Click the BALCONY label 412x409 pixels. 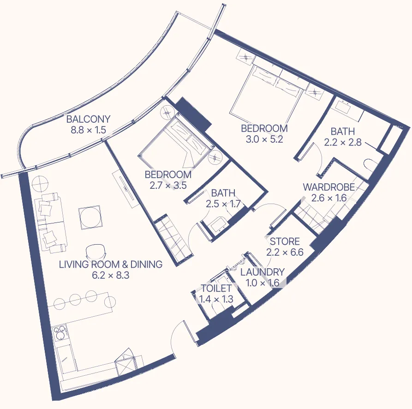pyautogui.click(x=88, y=119)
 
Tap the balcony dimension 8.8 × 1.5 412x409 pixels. pyautogui.click(x=88, y=130)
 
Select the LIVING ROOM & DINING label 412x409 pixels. pyautogui.click(x=111, y=265)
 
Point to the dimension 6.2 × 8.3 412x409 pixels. pyautogui.click(x=111, y=276)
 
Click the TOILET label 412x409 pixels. pyautogui.click(x=216, y=288)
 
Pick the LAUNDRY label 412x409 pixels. pyautogui.click(x=263, y=272)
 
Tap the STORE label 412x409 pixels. pyautogui.click(x=285, y=241)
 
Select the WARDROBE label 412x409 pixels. pyautogui.click(x=328, y=187)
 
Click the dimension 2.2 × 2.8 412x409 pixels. pyautogui.click(x=342, y=143)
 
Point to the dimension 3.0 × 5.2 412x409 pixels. pyautogui.click(x=264, y=139)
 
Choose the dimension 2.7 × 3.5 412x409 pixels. pyautogui.click(x=168, y=186)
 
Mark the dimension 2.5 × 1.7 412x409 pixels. pyautogui.click(x=223, y=204)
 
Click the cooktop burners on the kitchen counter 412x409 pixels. pyautogui.click(x=60, y=333)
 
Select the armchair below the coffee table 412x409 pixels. pyautogui.click(x=96, y=251)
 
